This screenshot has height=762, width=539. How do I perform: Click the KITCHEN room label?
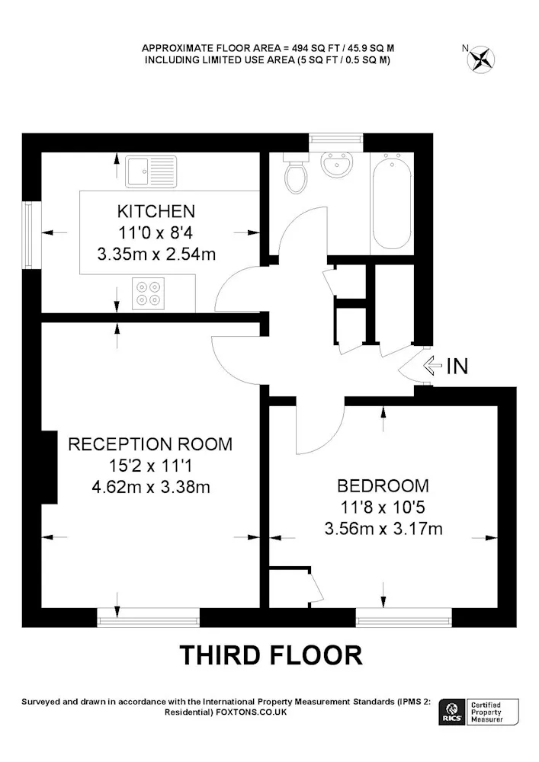click(x=156, y=211)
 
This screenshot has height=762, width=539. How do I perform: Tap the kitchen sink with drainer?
click(x=151, y=171)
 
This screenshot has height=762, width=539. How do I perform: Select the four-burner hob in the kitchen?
click(x=148, y=293)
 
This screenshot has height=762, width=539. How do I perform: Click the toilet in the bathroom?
click(x=296, y=174)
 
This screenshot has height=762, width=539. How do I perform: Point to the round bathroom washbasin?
click(x=336, y=164)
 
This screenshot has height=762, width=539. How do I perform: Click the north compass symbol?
click(x=480, y=59)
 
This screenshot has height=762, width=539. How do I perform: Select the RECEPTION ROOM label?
click(x=150, y=444)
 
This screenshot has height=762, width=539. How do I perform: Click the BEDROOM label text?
click(x=383, y=485)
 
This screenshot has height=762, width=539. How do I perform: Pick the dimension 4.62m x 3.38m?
click(x=151, y=487)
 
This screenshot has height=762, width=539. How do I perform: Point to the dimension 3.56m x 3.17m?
click(x=383, y=528)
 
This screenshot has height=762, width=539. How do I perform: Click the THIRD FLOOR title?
click(x=271, y=655)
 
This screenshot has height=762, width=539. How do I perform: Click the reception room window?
click(x=148, y=618)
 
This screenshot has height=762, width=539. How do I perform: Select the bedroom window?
click(x=404, y=618)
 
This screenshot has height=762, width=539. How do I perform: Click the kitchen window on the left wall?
click(x=31, y=234)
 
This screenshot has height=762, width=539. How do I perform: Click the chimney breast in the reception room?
click(x=49, y=467)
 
